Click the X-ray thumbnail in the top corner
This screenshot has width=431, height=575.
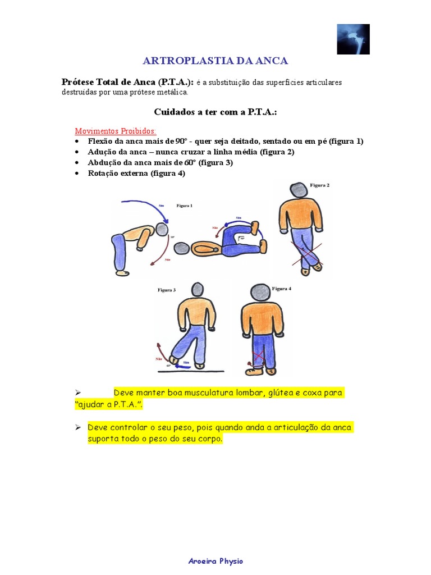click(x=353, y=39)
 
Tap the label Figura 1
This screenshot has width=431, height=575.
click(x=184, y=206)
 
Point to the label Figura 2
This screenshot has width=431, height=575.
click(x=319, y=185)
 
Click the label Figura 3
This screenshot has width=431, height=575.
click(x=166, y=290)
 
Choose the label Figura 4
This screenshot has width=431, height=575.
click(x=282, y=289)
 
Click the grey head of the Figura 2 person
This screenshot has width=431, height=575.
click(x=299, y=190)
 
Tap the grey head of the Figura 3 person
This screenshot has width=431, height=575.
click(x=197, y=290)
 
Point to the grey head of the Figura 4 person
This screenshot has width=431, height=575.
click(x=260, y=292)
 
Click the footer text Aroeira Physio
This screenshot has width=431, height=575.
click(x=215, y=561)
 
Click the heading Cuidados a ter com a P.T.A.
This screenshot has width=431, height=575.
click(x=216, y=112)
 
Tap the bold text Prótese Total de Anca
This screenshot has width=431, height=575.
click(x=127, y=82)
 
